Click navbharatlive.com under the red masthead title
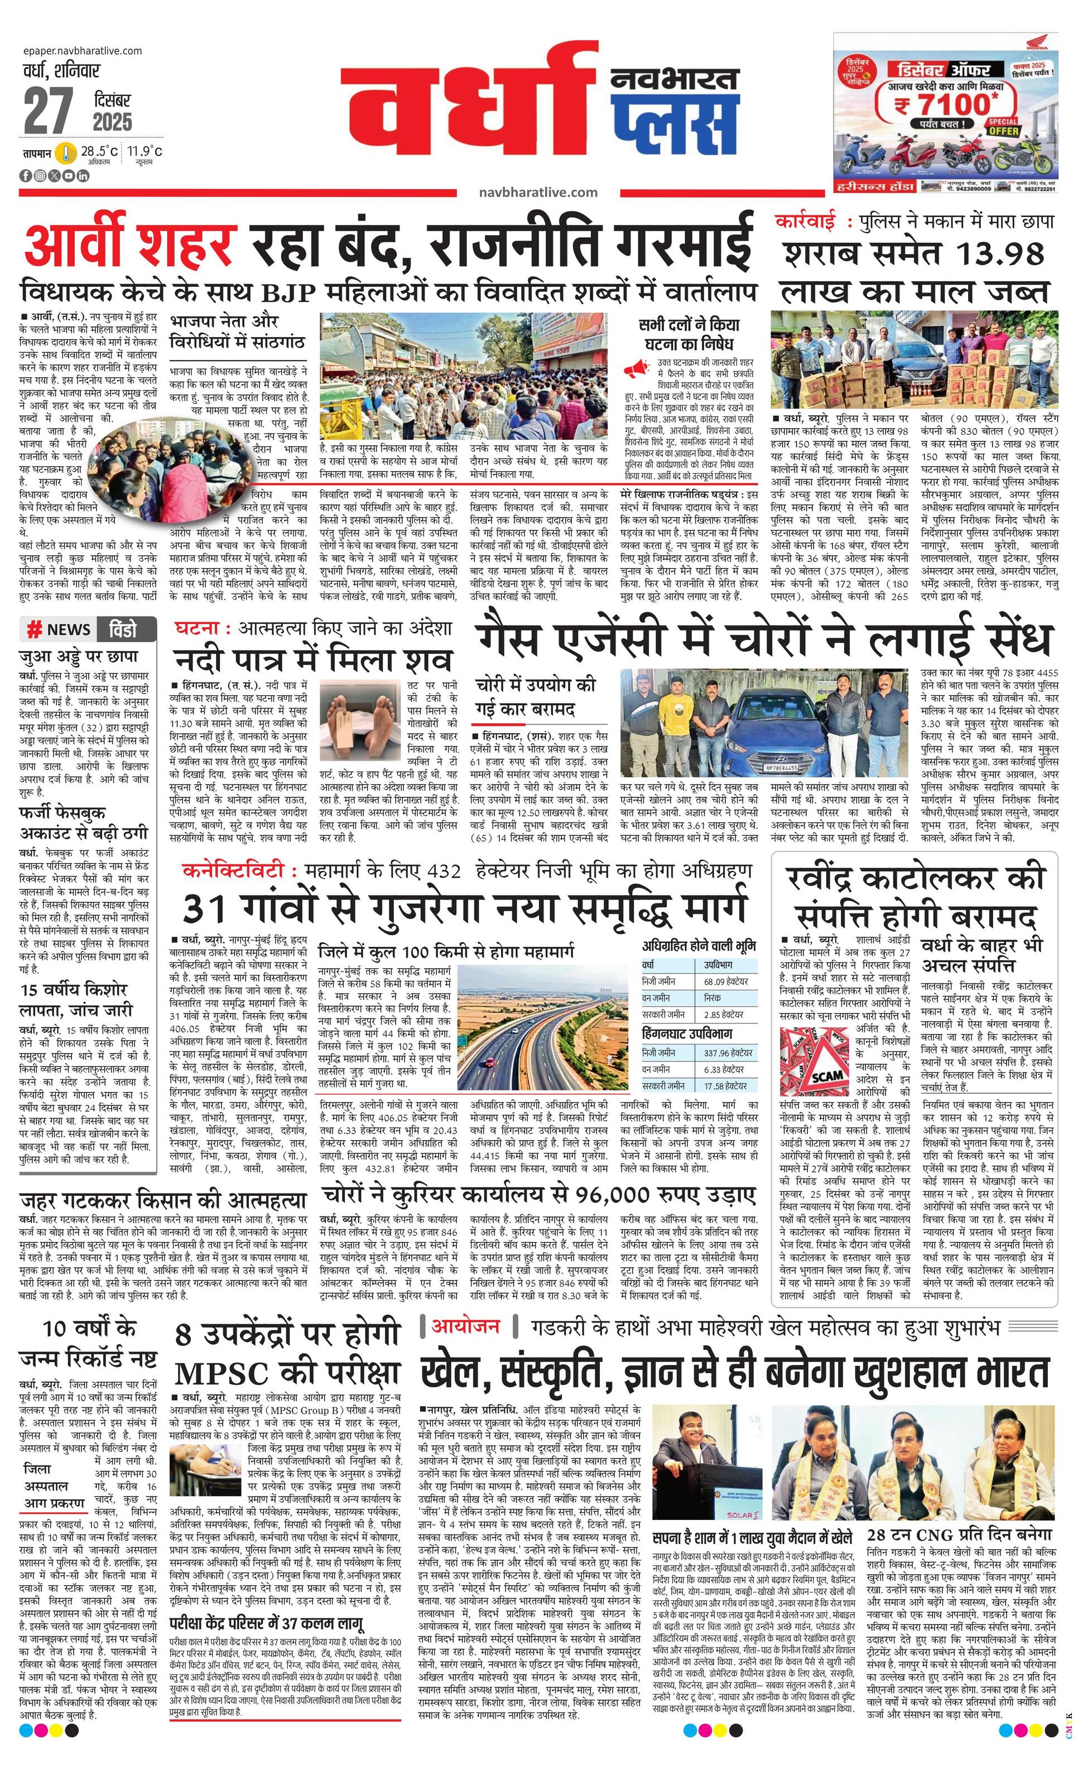click(538, 192)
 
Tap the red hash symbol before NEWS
click(33, 630)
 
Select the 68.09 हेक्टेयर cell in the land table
click(725, 980)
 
